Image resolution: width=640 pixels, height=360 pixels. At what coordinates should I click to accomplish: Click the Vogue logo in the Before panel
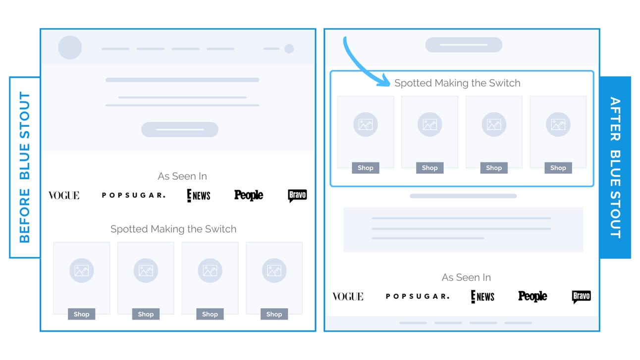[64, 196]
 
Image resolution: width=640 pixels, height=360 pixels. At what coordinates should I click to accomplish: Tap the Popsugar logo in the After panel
[418, 296]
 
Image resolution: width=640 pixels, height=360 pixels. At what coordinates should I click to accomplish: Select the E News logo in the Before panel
[199, 196]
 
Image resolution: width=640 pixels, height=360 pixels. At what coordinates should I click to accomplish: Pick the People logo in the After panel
[533, 296]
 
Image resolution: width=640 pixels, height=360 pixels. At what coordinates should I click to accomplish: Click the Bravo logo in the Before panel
[297, 196]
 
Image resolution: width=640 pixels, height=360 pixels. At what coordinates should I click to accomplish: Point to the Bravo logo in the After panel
[582, 297]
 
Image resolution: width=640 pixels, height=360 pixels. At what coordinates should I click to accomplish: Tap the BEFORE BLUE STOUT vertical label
[25, 167]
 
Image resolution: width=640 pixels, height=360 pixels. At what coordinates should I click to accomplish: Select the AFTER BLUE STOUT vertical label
[615, 167]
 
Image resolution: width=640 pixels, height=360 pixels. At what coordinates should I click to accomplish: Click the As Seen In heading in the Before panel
[182, 176]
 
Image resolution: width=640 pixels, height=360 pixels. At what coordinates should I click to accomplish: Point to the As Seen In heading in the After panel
[466, 277]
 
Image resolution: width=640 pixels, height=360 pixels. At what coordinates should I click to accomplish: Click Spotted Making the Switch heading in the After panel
[457, 83]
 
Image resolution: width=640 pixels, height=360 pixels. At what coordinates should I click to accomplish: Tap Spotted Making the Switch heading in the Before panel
[173, 229]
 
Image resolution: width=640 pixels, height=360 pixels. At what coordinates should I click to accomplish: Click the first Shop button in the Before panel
[81, 314]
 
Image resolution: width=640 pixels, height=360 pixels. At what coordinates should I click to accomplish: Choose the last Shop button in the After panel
[558, 168]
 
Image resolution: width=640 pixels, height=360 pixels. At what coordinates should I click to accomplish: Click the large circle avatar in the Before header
[70, 48]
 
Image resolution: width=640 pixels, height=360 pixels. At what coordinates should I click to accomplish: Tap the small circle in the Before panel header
[289, 49]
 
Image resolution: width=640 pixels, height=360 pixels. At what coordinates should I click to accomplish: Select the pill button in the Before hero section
[180, 129]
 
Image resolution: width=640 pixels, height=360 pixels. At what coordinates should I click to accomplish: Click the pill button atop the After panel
[464, 45]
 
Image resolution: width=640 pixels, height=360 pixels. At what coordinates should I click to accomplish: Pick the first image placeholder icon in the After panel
[366, 124]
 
